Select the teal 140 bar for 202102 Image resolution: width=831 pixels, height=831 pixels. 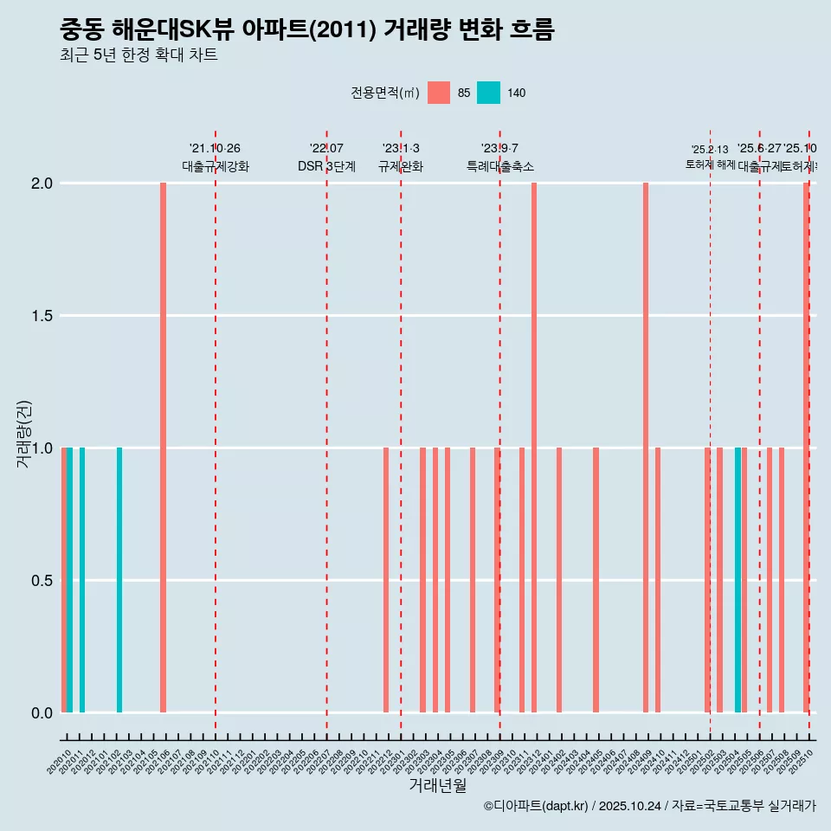[x=119, y=580]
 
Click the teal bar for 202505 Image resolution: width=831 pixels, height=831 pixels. [x=738, y=580]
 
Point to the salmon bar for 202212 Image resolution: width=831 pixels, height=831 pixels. [x=386, y=580]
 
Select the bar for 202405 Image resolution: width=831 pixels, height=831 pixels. [x=596, y=580]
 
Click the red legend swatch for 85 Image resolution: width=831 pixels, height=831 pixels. [x=439, y=93]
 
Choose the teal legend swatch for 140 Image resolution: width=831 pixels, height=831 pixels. [x=489, y=93]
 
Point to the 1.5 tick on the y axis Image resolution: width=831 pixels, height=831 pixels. [x=42, y=316]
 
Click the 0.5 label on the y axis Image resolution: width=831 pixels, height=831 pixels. [x=42, y=581]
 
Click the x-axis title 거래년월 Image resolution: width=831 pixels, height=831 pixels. [x=437, y=786]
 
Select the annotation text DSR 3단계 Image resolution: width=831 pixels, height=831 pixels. [x=326, y=166]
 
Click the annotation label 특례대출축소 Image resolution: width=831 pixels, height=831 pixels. [x=499, y=166]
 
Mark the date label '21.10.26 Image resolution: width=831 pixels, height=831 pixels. [x=215, y=149]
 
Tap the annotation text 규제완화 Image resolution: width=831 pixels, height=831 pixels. [x=401, y=166]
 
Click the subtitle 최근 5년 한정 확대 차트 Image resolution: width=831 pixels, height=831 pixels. [x=138, y=55]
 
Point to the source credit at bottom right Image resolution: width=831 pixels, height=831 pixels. [x=649, y=806]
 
